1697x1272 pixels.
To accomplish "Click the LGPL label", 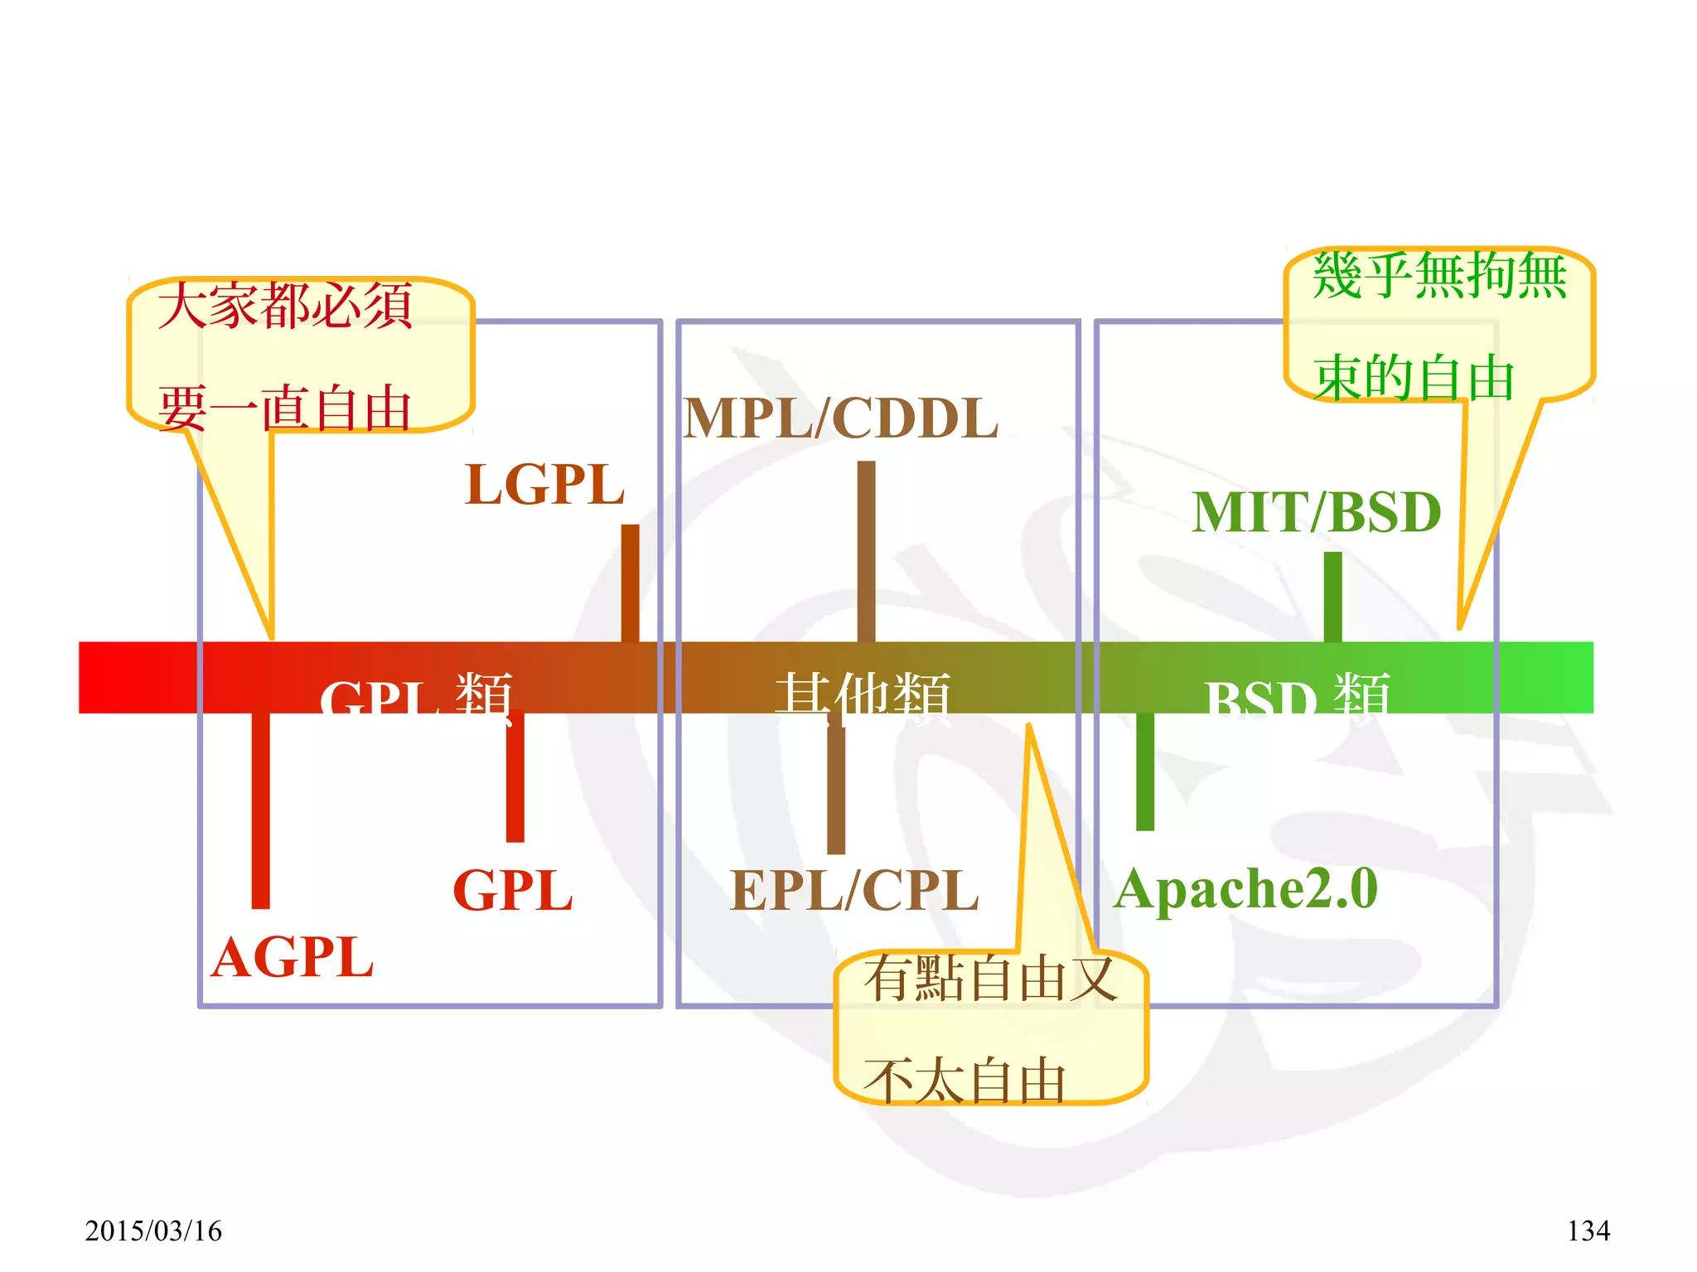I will [544, 485].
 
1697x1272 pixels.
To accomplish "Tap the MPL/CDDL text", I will [840, 418].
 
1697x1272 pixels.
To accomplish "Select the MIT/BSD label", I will [1317, 512].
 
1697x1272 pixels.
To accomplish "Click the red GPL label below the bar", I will [513, 891].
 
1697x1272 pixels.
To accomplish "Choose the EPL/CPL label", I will [854, 891].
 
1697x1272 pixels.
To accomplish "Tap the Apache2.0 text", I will [1245, 889].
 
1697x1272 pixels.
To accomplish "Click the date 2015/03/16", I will [153, 1231].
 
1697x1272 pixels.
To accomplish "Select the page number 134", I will [1588, 1231].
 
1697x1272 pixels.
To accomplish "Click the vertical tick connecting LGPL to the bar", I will [631, 583].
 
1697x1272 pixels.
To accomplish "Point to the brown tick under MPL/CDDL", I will [866, 551].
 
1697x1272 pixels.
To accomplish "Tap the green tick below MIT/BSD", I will [1332, 597].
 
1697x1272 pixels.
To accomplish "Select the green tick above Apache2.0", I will [1145, 771].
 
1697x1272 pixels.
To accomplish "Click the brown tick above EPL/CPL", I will [836, 787].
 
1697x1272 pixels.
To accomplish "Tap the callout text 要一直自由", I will [284, 409].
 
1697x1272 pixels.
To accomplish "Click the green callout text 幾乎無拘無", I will [1439, 276].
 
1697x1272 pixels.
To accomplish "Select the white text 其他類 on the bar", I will [863, 696].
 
